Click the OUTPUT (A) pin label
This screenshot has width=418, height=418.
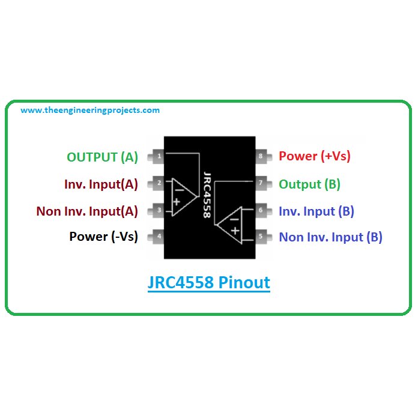[x=102, y=157]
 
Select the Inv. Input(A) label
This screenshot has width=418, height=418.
[x=101, y=184]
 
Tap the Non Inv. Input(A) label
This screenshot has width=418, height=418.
[x=87, y=211]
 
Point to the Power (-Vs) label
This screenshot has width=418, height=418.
[x=103, y=237]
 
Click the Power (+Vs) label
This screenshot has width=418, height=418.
[x=314, y=156]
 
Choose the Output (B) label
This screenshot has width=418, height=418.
[x=309, y=184]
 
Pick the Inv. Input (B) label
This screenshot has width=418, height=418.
[x=316, y=211]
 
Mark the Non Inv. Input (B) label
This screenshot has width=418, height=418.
[x=330, y=237]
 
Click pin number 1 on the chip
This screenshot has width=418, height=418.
[x=159, y=157]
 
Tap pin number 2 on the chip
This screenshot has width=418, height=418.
[x=159, y=183]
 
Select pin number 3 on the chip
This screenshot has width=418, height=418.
[x=159, y=210]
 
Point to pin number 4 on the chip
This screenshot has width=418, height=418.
[x=159, y=236]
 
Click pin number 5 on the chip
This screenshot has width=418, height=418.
[x=261, y=236]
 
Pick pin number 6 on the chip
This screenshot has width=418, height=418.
[x=261, y=210]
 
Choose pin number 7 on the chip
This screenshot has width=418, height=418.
[x=261, y=183]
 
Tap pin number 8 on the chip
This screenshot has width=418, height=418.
[x=261, y=157]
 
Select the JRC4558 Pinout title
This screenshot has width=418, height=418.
[x=209, y=282]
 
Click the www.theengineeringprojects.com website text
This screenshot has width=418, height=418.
[x=90, y=111]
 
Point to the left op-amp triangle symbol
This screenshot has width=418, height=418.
[x=181, y=196]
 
